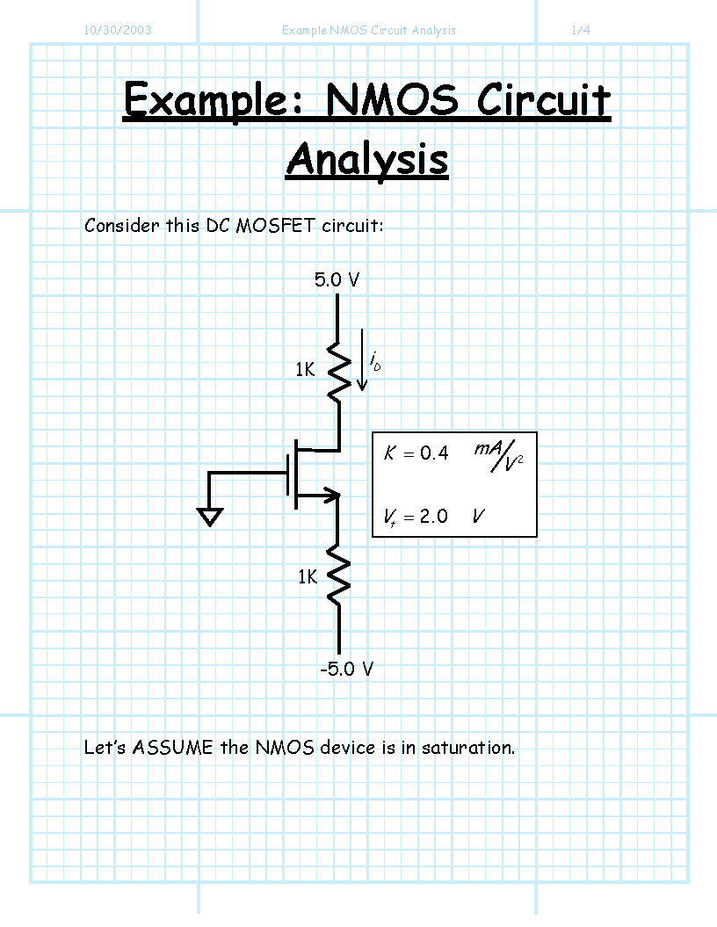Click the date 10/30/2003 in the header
click(117, 30)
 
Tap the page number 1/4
click(581, 30)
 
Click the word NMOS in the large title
click(391, 99)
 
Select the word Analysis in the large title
click(367, 160)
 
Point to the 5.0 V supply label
click(337, 279)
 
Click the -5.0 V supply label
click(346, 670)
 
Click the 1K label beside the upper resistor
click(305, 370)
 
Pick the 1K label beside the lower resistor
click(308, 576)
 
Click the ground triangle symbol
click(210, 518)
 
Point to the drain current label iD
click(375, 361)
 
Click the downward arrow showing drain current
click(362, 359)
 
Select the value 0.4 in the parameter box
click(434, 453)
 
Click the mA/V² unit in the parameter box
click(498, 456)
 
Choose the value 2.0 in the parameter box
click(433, 516)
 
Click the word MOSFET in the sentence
click(275, 225)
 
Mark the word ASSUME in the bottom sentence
click(172, 747)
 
